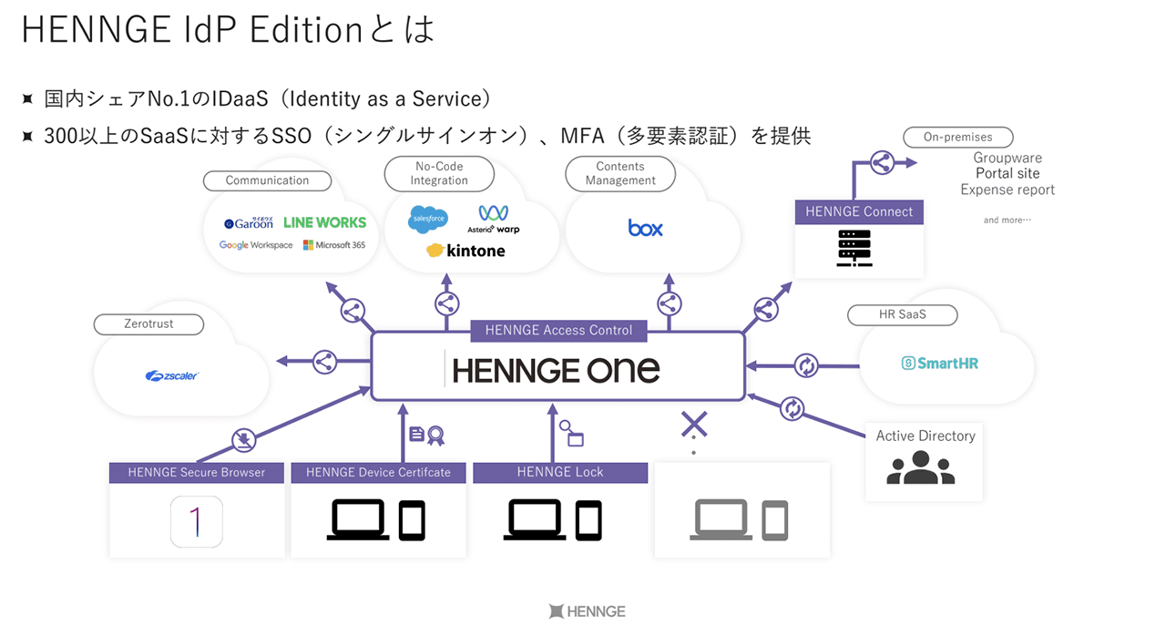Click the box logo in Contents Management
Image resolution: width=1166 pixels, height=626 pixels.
click(645, 227)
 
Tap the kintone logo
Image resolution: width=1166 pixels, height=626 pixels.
click(465, 251)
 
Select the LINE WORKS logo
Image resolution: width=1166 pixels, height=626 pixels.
click(324, 222)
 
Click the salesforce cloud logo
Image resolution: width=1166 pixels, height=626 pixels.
click(428, 220)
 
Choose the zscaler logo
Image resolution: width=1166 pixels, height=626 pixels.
click(172, 375)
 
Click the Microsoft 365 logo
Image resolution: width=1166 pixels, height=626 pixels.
click(334, 245)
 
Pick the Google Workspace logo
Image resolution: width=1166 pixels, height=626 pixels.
click(256, 245)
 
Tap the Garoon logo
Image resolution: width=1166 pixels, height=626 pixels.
click(249, 222)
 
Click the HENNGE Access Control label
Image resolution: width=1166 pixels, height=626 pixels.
click(558, 330)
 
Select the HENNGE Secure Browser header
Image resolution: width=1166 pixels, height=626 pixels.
click(197, 472)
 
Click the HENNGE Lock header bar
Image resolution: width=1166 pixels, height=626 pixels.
click(560, 472)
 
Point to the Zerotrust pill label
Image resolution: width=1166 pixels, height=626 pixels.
click(148, 323)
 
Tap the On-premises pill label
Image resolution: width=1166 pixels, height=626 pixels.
click(957, 138)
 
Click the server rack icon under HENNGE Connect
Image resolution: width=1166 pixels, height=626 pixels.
click(854, 248)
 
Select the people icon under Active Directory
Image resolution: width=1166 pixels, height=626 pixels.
click(920, 467)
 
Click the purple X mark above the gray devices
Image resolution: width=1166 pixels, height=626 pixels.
click(694, 424)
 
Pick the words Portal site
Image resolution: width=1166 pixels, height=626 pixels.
click(1007, 173)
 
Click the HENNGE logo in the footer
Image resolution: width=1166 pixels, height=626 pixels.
click(587, 611)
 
